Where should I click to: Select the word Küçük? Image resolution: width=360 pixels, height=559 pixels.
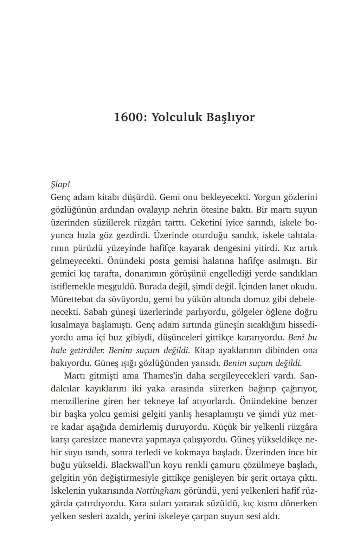228,427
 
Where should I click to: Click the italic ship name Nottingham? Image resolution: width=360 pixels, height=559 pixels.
159,491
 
